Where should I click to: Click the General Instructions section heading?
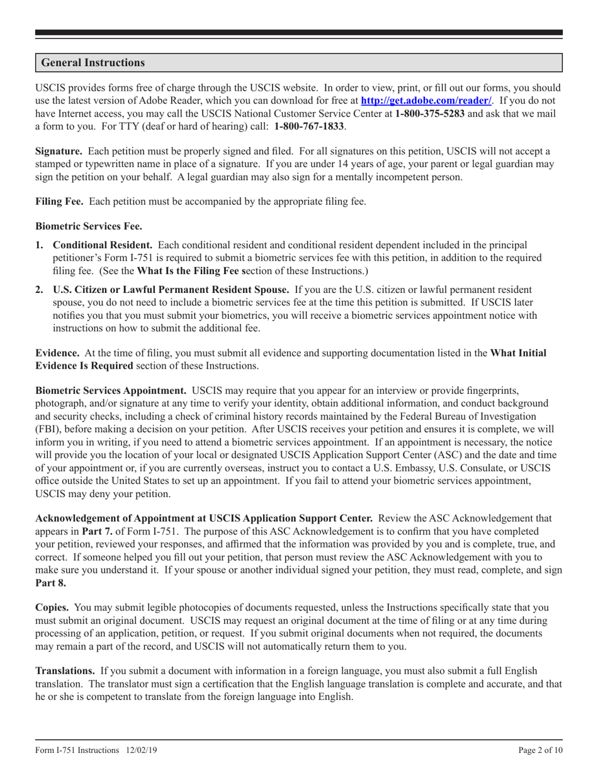point(93,63)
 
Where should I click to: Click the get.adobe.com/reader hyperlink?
point(426,101)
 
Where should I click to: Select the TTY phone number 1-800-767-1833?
point(309,126)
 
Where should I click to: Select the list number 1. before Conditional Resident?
point(40,245)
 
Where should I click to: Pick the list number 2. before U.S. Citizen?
point(40,290)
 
